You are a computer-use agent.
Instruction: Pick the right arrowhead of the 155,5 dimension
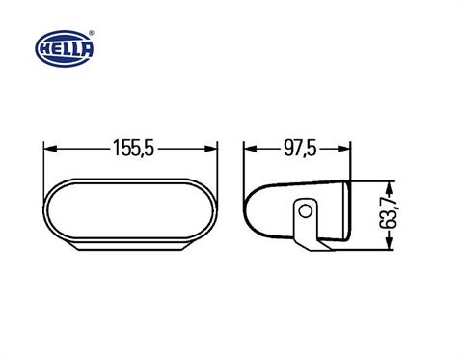213,150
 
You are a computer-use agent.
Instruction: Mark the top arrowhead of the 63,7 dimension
390,183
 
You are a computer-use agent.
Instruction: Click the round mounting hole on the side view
306,209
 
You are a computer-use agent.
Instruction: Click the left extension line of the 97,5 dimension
243,169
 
